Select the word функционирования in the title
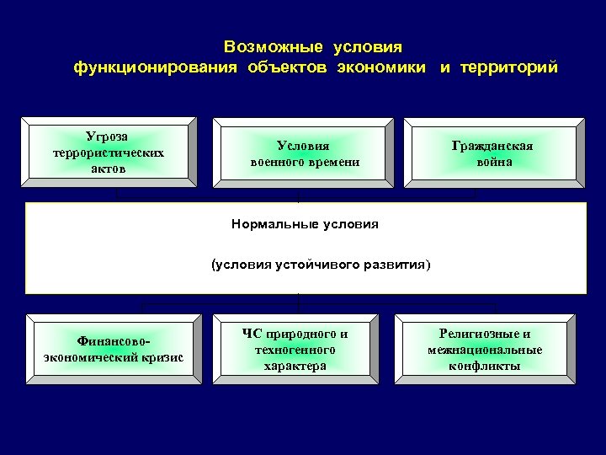(x=157, y=67)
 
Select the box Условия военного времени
(x=304, y=153)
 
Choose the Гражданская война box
(x=492, y=153)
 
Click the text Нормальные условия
(x=305, y=224)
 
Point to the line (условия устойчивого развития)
(x=320, y=265)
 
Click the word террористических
(x=108, y=153)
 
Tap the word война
(x=492, y=161)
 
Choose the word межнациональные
(x=485, y=350)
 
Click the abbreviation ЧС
(x=251, y=334)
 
